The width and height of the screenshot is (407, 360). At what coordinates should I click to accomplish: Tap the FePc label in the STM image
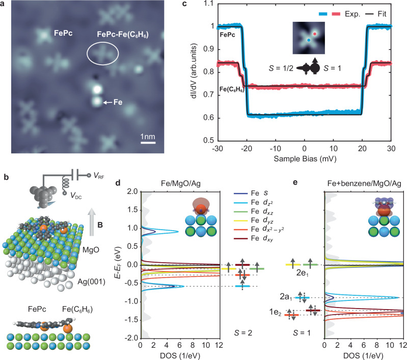tap(65, 35)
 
